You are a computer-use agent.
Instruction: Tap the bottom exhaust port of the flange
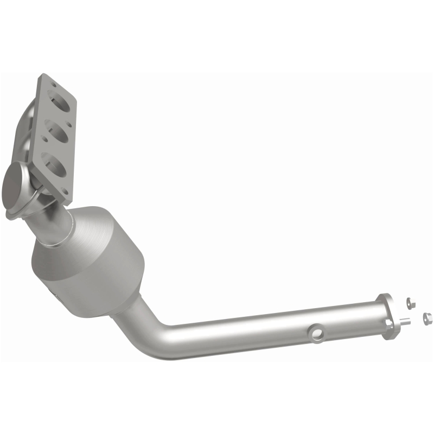(x=57, y=163)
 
